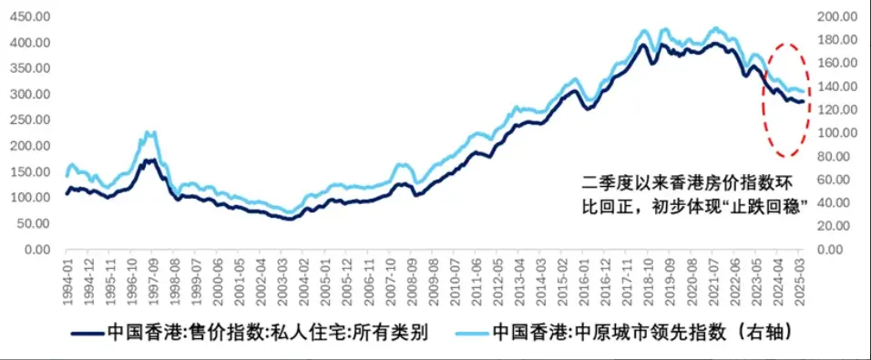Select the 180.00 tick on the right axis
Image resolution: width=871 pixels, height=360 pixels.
tap(839, 40)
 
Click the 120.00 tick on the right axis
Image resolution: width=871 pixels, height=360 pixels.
tap(839, 109)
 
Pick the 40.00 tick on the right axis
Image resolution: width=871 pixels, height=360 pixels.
tap(842, 202)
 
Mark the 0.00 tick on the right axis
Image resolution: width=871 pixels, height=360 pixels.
tap(845, 249)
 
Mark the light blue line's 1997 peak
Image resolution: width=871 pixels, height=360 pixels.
tap(151, 133)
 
